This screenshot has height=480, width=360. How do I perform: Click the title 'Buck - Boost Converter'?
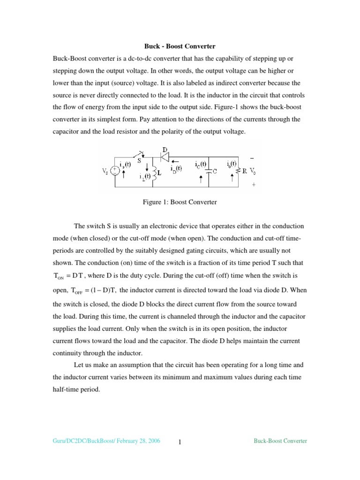point(179,46)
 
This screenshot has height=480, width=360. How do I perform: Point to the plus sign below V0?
point(254,185)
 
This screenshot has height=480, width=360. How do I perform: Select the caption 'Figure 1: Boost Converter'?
point(180,202)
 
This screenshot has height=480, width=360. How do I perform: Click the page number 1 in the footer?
point(180,442)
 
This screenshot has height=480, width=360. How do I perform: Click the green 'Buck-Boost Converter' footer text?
point(280,441)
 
